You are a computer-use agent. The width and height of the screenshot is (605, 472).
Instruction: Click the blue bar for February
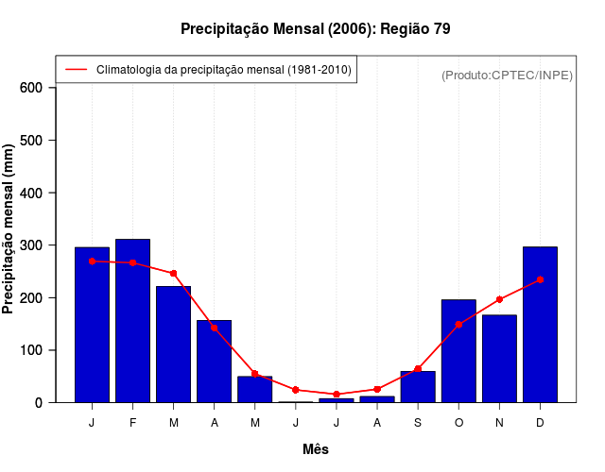pos(132,321)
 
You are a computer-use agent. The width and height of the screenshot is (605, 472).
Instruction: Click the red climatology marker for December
pos(540,279)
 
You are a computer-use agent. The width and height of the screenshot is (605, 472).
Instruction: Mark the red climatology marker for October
pos(458,324)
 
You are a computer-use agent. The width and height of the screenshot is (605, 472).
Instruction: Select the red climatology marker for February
pos(132,262)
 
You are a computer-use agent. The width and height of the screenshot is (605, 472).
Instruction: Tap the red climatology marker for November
pos(499,299)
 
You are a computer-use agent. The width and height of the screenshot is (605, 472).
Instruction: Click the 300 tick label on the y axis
pos(32,245)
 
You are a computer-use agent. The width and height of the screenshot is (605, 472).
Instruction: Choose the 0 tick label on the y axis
pos(39,403)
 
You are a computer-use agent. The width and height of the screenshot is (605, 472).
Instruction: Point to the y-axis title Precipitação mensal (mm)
pos(9,229)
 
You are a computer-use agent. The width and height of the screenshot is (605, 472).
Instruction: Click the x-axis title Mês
pos(316,449)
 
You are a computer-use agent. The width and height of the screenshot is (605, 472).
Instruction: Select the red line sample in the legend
pos(76,70)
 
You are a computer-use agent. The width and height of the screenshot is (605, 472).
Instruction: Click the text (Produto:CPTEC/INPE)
pos(507,75)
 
